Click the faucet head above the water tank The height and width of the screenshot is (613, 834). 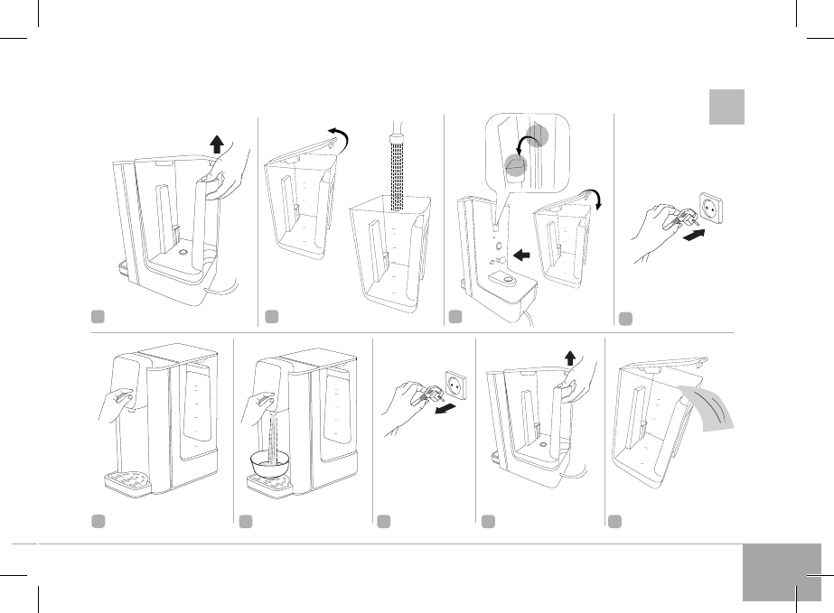click(x=395, y=143)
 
